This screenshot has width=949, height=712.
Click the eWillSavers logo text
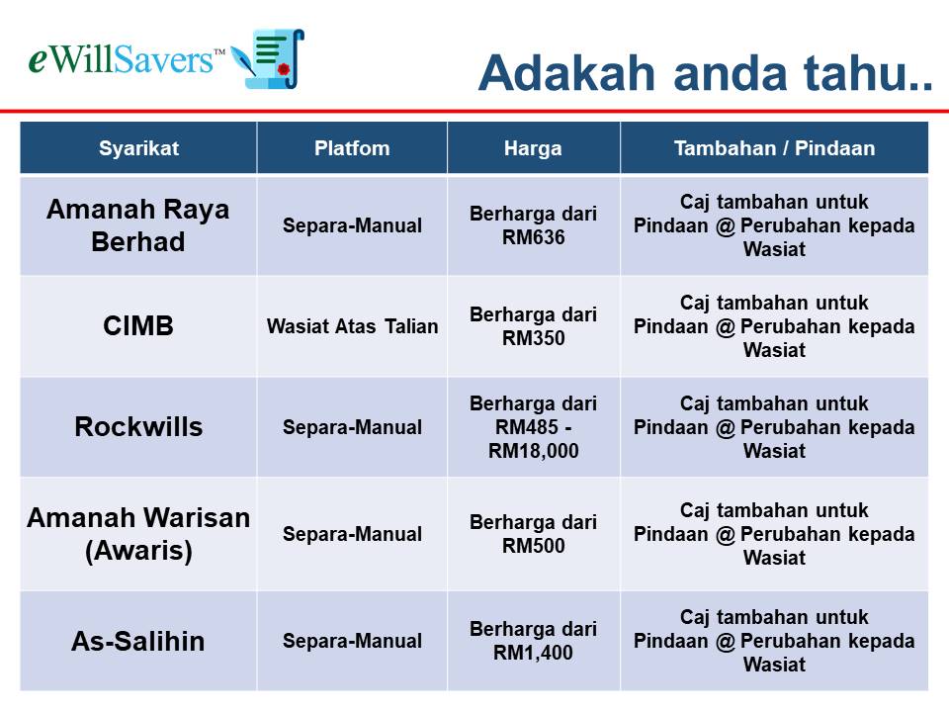click(127, 60)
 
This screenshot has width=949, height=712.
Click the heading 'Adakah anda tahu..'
click(705, 72)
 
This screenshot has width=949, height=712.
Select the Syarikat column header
click(138, 148)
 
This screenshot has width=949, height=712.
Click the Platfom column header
click(352, 148)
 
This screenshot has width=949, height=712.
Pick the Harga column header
click(533, 148)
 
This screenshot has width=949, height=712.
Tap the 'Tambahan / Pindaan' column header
click(774, 148)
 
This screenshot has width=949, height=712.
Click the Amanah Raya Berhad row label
click(138, 225)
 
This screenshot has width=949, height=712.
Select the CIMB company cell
click(138, 325)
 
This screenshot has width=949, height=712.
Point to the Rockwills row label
click(138, 426)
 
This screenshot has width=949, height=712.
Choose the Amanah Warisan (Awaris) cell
click(138, 534)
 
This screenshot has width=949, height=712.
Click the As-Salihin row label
click(138, 641)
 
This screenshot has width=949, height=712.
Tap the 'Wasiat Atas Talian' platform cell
click(352, 326)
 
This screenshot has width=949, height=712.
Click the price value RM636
click(533, 237)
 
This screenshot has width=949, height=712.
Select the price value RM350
click(533, 338)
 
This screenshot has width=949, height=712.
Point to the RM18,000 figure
click(533, 451)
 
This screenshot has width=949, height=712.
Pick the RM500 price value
click(533, 546)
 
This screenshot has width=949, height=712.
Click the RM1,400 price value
click(533, 653)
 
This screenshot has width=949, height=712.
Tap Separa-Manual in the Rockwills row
click(352, 427)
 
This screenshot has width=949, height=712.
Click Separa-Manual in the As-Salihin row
click(352, 641)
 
